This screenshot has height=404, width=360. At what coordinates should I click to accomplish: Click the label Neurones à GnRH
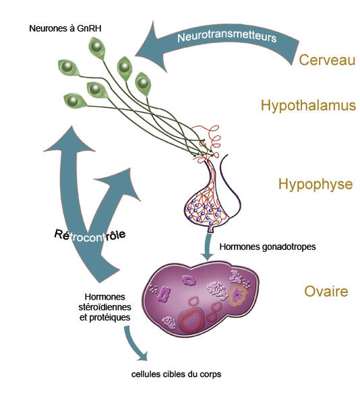pyautogui.click(x=65, y=28)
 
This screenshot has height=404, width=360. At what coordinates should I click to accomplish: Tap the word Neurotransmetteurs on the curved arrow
pyautogui.click(x=227, y=36)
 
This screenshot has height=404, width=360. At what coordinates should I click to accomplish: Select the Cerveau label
pyautogui.click(x=327, y=60)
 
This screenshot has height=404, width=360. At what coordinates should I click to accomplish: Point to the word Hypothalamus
pyautogui.click(x=308, y=106)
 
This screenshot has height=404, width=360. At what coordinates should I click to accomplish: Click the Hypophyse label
pyautogui.click(x=316, y=184)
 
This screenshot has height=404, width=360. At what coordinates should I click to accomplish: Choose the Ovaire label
pyautogui.click(x=326, y=292)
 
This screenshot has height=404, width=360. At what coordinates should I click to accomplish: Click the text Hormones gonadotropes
pyautogui.click(x=268, y=247)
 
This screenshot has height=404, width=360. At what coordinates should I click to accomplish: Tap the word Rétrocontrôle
pyautogui.click(x=90, y=235)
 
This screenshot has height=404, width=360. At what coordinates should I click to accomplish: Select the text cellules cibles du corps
pyautogui.click(x=176, y=374)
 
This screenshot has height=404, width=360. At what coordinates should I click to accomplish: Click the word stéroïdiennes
pyautogui.click(x=104, y=307)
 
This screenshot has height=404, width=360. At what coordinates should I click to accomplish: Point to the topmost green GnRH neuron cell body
pyautogui.click(x=97, y=48)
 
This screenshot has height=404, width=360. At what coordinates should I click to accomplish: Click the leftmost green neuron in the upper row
pyautogui.click(x=68, y=67)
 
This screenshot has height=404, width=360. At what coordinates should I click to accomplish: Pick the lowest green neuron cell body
pyautogui.click(x=75, y=100)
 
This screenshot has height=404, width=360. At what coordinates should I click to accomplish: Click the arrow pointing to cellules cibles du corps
pyautogui.click(x=135, y=344)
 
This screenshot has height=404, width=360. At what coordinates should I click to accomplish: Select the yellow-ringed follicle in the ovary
pyautogui.click(x=237, y=296)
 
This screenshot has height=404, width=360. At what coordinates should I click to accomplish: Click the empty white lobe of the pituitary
pyautogui.click(x=231, y=196)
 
